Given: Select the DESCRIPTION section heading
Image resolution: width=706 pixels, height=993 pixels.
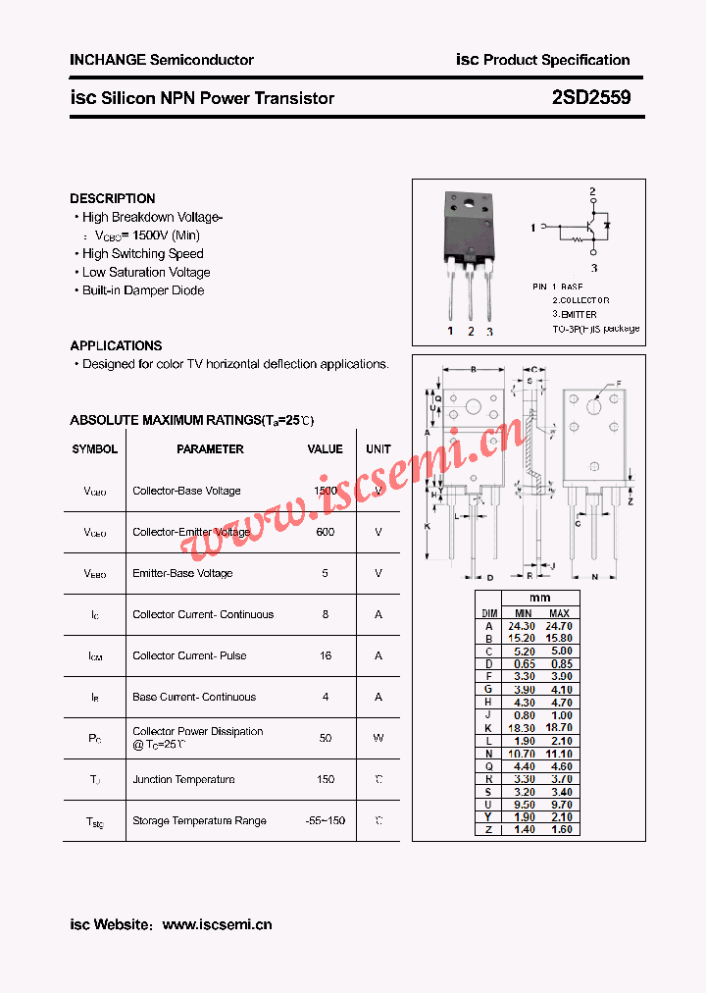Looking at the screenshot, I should point(112,198).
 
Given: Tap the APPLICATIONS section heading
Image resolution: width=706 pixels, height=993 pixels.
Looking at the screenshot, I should point(116,345).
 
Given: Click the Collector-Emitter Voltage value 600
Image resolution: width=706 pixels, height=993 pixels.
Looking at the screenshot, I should point(326,532).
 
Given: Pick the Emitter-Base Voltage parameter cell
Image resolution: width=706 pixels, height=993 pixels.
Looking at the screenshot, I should point(182,573).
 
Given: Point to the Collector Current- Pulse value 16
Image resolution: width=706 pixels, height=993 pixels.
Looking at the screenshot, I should point(326,655).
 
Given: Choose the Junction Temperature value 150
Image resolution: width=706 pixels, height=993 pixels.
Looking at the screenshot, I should point(326,779).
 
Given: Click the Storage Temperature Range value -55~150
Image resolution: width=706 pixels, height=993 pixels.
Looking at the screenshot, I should point(326,820).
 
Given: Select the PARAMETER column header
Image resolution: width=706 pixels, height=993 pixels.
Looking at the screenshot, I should point(210,449).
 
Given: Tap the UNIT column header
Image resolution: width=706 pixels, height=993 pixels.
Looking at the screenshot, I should point(378,449).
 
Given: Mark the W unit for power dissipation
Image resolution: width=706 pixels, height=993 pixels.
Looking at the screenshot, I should point(378,738).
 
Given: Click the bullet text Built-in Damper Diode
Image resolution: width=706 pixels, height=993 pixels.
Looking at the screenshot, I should point(143,290).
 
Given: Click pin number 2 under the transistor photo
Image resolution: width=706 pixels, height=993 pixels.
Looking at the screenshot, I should point(471,332).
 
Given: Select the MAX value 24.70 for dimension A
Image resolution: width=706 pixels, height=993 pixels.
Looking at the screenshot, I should point(559,625).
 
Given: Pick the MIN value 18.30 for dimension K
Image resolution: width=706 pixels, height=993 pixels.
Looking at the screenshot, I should point(522,728).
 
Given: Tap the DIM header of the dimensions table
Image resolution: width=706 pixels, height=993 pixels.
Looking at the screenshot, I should point(488,612).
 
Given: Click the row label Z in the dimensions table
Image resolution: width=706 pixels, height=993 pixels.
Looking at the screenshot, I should point(488,830).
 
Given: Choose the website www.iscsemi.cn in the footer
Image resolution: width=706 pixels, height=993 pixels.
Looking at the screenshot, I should point(217,924).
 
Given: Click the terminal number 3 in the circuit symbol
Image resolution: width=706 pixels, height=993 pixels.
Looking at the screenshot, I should point(593,266).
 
